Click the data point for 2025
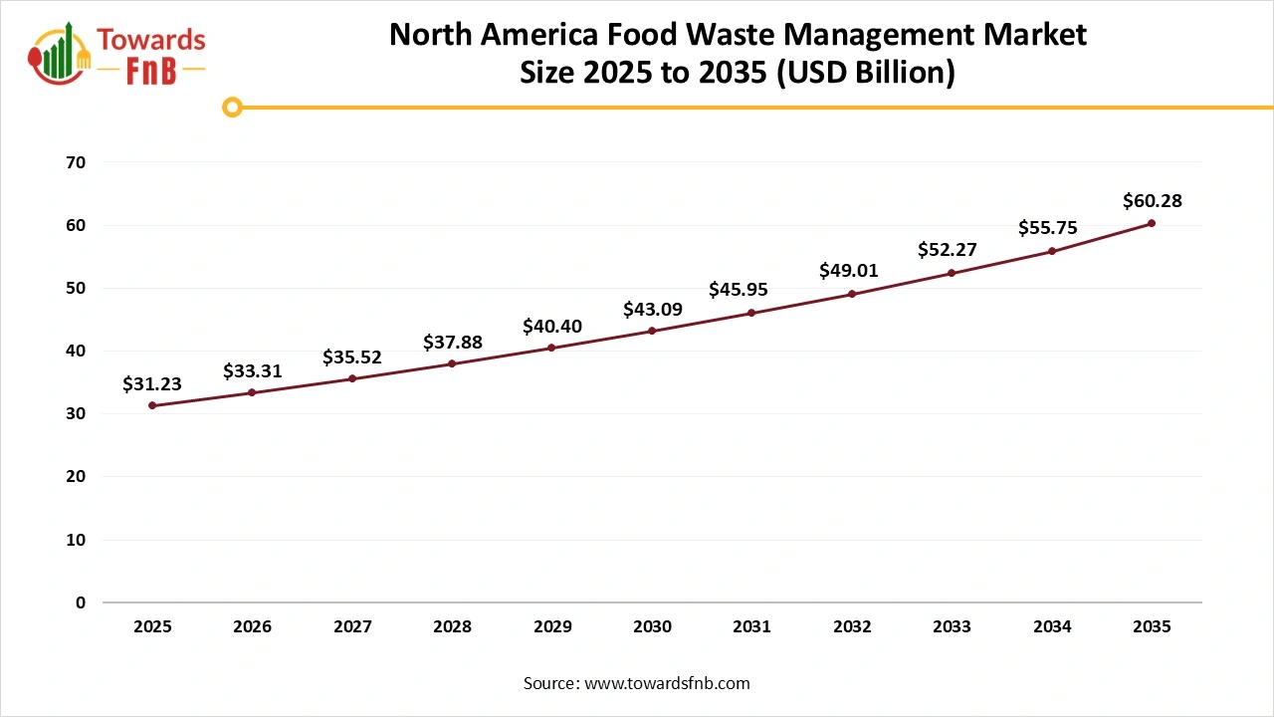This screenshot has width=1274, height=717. [x=152, y=405]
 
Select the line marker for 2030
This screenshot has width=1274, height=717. [x=652, y=331]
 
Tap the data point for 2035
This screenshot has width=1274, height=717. [x=1152, y=223]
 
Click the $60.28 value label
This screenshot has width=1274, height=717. [x=1152, y=201]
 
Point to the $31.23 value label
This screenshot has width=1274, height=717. [x=152, y=383]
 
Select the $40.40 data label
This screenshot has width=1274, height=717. [x=552, y=327]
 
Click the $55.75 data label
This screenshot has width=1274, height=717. [x=1048, y=228]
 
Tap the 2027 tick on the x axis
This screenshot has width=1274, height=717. [x=352, y=627]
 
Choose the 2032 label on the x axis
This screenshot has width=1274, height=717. [x=852, y=627]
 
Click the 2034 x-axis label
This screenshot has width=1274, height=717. [x=1052, y=627]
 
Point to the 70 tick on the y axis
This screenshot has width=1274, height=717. [x=76, y=162]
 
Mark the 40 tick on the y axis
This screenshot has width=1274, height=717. [x=76, y=351]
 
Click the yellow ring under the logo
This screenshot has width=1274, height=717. [x=232, y=107]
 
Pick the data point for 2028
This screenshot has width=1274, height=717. [x=452, y=363]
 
